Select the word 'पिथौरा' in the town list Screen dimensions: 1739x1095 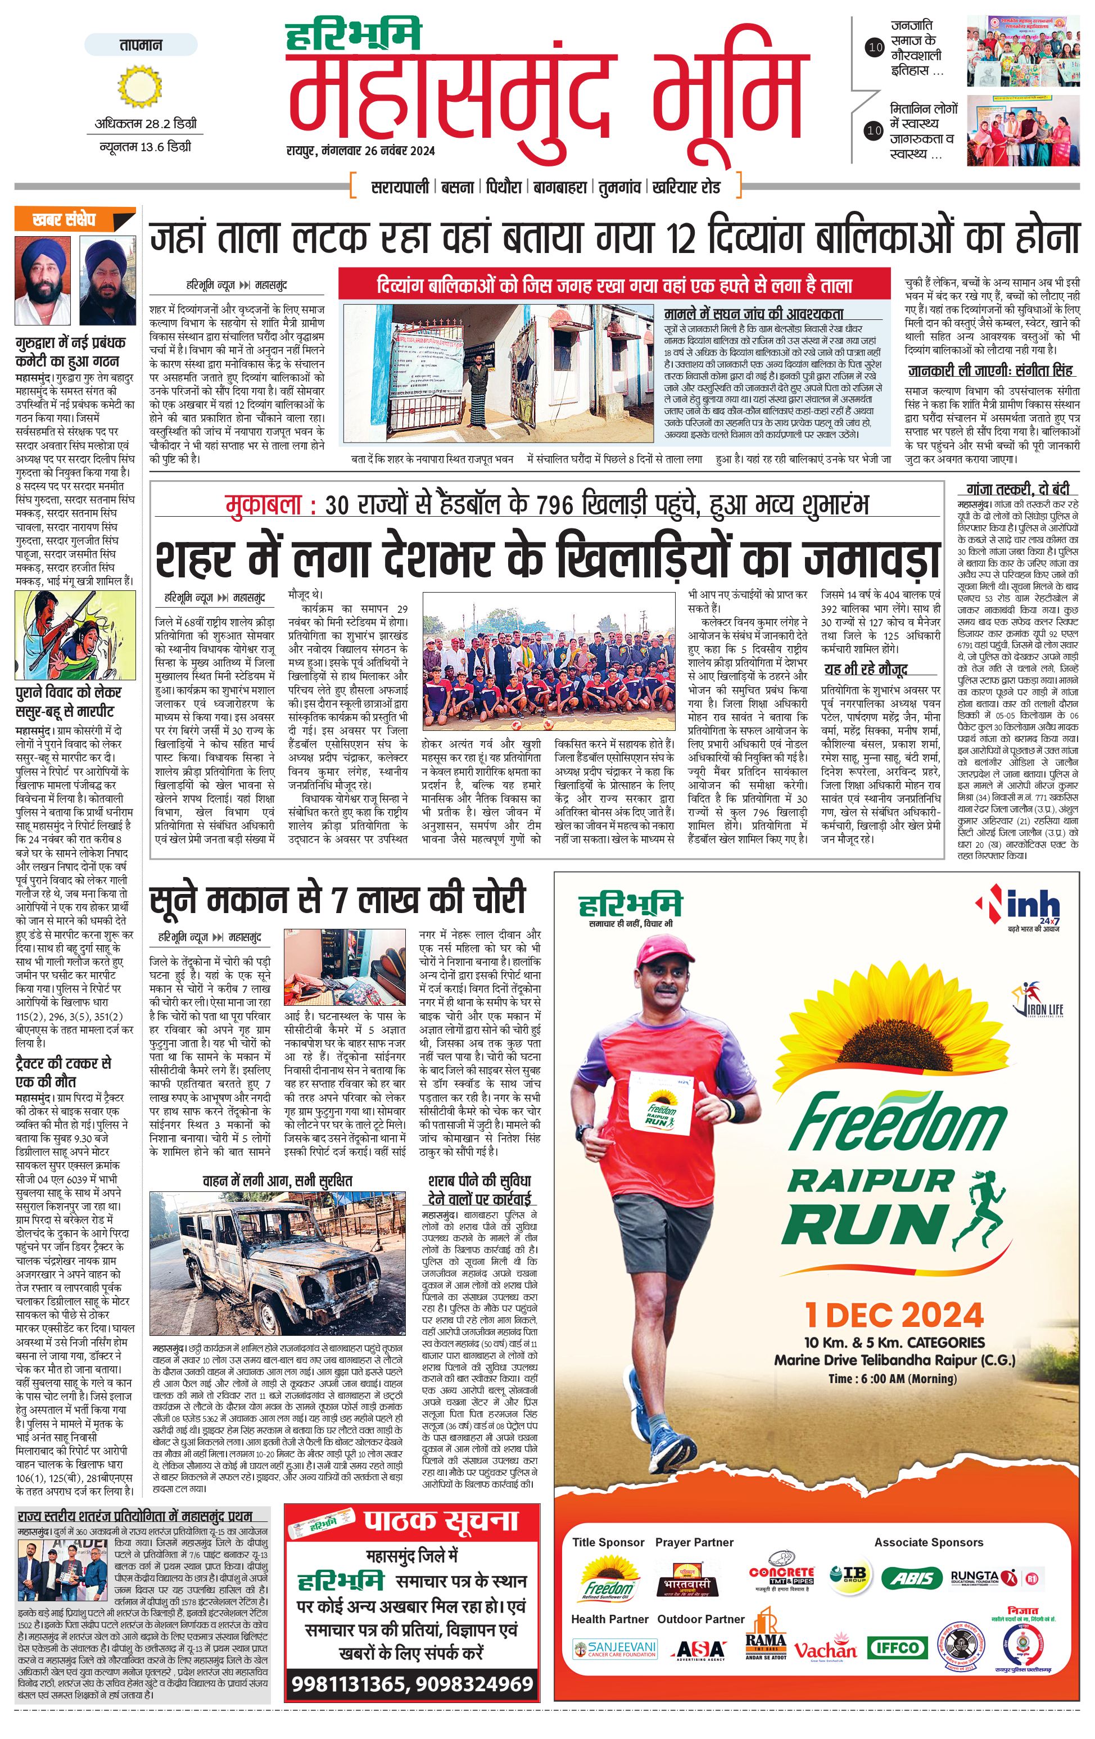pyautogui.click(x=503, y=187)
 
